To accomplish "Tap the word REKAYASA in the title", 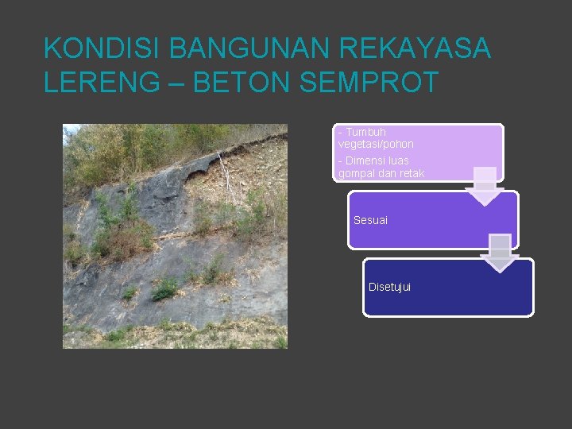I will [x=415, y=49].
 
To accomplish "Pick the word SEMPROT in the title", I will [x=369, y=82].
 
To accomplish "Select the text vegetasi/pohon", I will [x=376, y=145].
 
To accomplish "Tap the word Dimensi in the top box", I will [x=368, y=160].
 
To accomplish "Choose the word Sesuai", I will [x=370, y=220].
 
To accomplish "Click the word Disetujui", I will [x=390, y=287].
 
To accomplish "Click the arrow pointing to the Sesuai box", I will [x=485, y=187].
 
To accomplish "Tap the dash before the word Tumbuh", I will [x=340, y=132].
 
